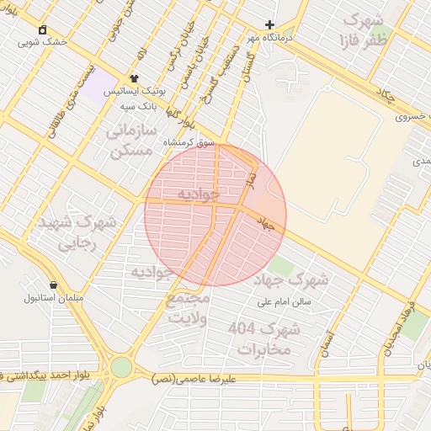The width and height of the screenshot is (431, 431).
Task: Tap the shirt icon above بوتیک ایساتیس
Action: pyautogui.click(x=134, y=78)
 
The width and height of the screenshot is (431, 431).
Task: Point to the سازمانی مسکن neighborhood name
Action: pyautogui.click(x=132, y=141)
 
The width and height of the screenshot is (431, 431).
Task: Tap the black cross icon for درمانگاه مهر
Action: pyautogui.click(x=269, y=25)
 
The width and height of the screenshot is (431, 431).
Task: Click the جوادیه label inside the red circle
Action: pyautogui.click(x=198, y=194)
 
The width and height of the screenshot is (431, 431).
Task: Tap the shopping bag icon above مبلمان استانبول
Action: pyautogui.click(x=54, y=285)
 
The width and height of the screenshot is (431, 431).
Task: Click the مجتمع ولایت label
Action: pyautogui.click(x=188, y=307)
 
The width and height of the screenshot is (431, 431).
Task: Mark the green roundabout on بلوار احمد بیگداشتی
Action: pyautogui.click(x=121, y=367)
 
